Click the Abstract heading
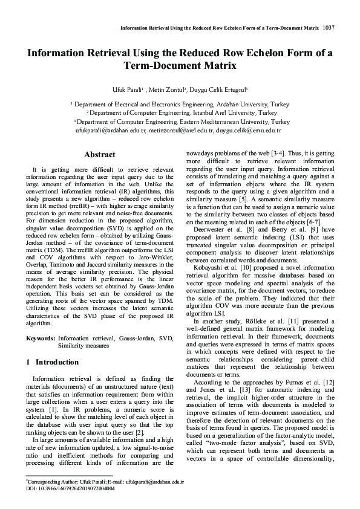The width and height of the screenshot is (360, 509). click(x=100, y=155)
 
